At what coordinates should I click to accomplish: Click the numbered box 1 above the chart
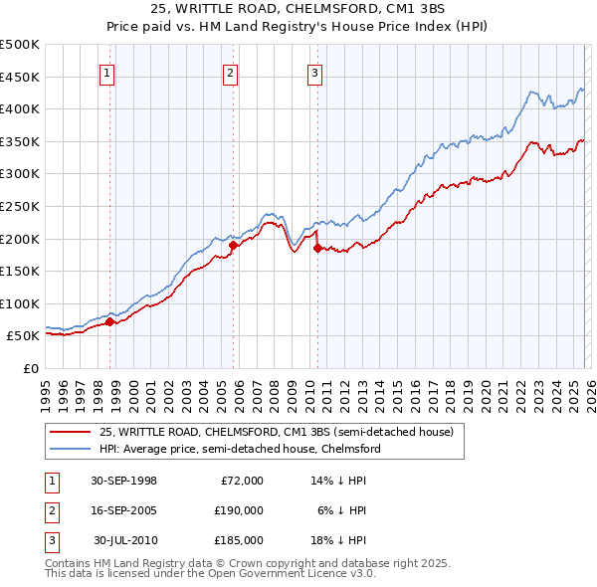point(106,72)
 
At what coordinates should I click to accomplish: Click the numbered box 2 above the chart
point(230,72)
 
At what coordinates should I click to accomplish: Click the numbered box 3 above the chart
point(314,72)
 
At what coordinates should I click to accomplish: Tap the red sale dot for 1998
point(110,321)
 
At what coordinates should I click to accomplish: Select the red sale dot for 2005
point(233,245)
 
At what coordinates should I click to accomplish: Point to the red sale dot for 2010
point(317,248)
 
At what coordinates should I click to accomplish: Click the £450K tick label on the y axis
point(20,77)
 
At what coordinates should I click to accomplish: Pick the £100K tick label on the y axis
point(20,303)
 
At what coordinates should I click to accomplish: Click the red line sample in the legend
point(71,432)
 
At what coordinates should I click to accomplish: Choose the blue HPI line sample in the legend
point(71,449)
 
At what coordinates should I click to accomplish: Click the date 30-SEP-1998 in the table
point(123,481)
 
